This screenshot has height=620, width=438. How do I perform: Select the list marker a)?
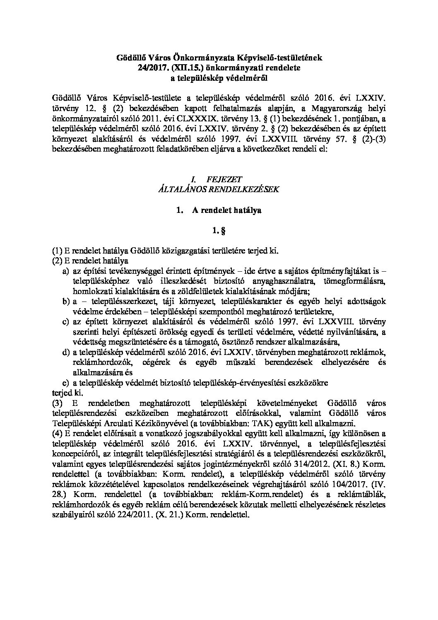coord(66,271)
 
